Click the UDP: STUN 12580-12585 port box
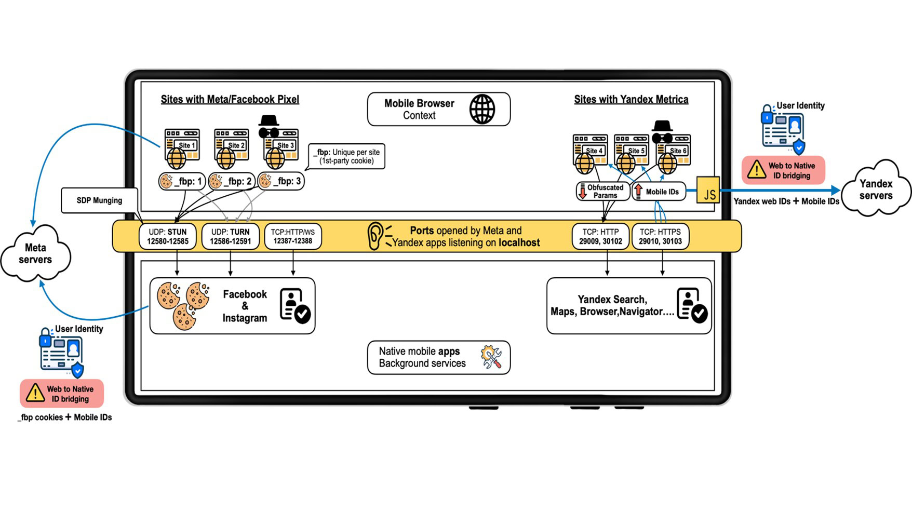click(167, 236)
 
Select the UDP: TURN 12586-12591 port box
click(230, 236)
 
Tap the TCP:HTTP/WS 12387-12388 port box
click(293, 236)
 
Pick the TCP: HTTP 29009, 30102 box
click(600, 236)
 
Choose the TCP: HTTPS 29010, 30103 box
click(660, 236)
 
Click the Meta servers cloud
click(35, 254)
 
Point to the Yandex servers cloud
click(876, 190)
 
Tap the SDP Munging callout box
click(99, 200)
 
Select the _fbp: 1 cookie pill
click(182, 181)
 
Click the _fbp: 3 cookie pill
click(281, 181)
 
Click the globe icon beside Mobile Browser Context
click(482, 109)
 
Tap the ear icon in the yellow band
click(375, 236)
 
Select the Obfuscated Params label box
click(602, 191)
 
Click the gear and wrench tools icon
click(491, 357)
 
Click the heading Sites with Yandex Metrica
click(631, 99)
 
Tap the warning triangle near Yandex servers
click(756, 170)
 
